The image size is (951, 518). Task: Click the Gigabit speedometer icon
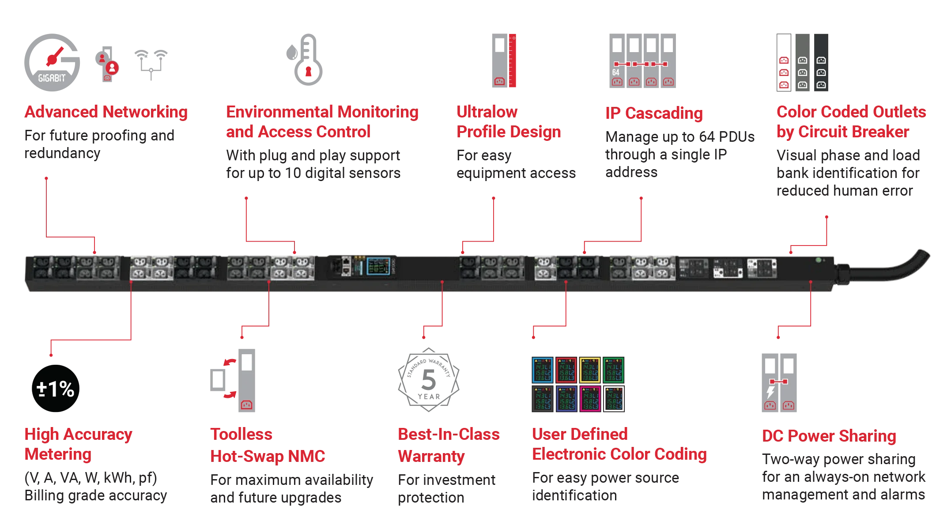click(x=51, y=62)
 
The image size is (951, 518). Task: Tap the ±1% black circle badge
click(x=56, y=389)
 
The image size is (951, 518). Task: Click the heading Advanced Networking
click(x=106, y=112)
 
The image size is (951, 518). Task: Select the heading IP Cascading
click(x=653, y=113)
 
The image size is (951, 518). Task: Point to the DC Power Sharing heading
click(x=830, y=436)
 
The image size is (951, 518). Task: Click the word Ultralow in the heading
click(x=487, y=112)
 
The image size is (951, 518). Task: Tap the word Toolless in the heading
click(x=242, y=435)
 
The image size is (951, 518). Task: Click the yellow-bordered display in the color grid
click(x=590, y=370)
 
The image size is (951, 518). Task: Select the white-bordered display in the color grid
click(x=614, y=399)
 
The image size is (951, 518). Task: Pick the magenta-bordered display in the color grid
click(x=590, y=399)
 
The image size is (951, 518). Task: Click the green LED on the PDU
click(x=819, y=260)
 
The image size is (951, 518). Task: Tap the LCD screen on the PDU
click(x=378, y=266)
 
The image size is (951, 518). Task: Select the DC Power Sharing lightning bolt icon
click(x=770, y=392)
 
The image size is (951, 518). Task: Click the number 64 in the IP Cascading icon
click(x=616, y=72)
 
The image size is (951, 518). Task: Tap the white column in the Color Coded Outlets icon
click(x=784, y=62)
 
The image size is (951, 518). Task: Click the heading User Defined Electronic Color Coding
click(x=618, y=444)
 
